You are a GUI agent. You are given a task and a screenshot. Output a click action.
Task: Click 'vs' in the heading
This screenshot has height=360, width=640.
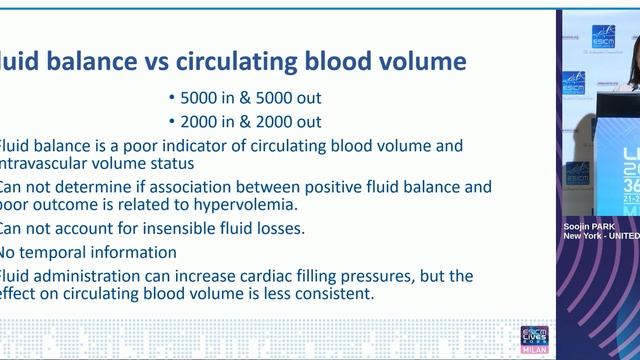[x=156, y=62]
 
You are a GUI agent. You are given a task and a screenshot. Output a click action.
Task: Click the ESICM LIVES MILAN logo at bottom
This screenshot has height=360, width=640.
[x=535, y=339]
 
